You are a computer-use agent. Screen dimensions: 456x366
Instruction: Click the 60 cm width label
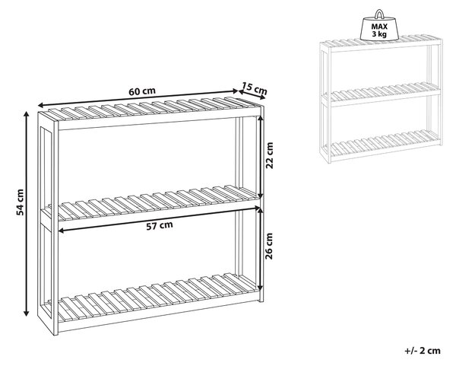142,91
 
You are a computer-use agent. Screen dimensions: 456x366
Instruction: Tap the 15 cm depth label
254,88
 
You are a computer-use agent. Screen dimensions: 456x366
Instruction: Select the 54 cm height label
20,202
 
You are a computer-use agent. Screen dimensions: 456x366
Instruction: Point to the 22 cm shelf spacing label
270,155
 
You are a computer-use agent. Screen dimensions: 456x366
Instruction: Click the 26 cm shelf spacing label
270,246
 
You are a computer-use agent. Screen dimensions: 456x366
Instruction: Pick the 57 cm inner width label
160,226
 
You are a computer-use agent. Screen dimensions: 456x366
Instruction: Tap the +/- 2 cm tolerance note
423,351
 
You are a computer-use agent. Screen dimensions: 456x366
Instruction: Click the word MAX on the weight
379,27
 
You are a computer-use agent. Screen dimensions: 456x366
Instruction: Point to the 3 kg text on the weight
379,34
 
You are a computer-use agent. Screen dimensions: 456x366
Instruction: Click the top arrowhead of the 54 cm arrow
27,113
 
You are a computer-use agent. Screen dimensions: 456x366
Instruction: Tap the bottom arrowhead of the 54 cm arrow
27,313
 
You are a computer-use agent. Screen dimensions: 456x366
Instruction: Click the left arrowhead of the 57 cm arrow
61,231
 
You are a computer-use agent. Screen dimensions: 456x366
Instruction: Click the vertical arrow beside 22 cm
261,158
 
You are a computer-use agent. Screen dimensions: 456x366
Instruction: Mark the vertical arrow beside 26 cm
261,250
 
